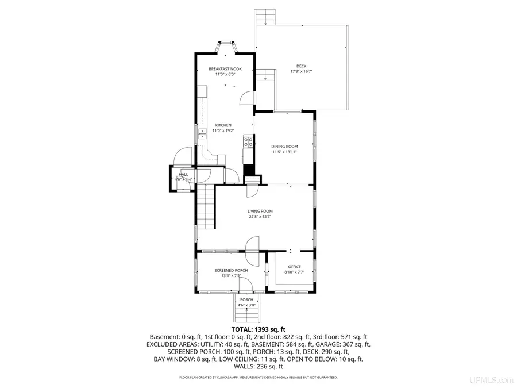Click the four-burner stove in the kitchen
coord(249,140)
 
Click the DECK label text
coord(302,66)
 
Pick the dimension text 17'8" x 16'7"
coord(302,72)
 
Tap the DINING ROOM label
coord(285,146)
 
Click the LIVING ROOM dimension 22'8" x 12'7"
coord(260,217)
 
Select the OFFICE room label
coord(294,267)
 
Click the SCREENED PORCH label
coord(231,270)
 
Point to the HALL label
coord(183,174)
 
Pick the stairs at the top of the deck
coord(265,18)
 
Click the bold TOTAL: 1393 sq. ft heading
coord(258,329)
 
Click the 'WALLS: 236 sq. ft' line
coord(258,366)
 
